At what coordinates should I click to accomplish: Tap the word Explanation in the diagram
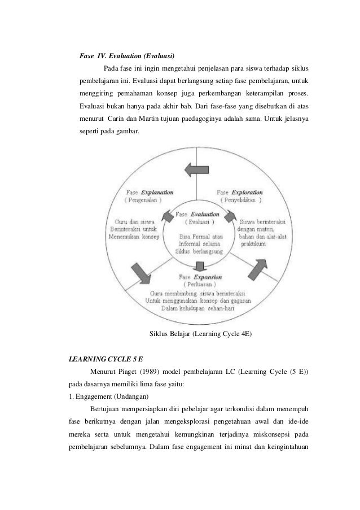(x=157, y=191)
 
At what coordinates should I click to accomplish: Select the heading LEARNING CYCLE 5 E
(x=102, y=359)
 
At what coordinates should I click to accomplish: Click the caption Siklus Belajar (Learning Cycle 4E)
(x=201, y=334)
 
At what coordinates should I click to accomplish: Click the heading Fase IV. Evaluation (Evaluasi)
(x=127, y=56)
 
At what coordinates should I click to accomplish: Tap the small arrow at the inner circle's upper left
(x=168, y=216)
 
